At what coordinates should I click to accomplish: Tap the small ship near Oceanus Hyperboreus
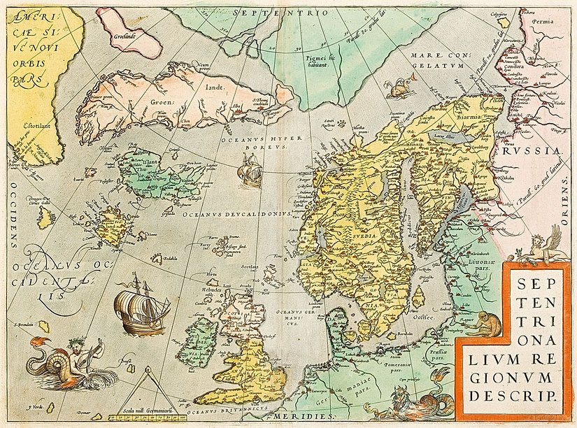coord(250,170)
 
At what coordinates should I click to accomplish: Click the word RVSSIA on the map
coord(536,150)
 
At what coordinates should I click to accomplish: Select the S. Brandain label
coord(22,324)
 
